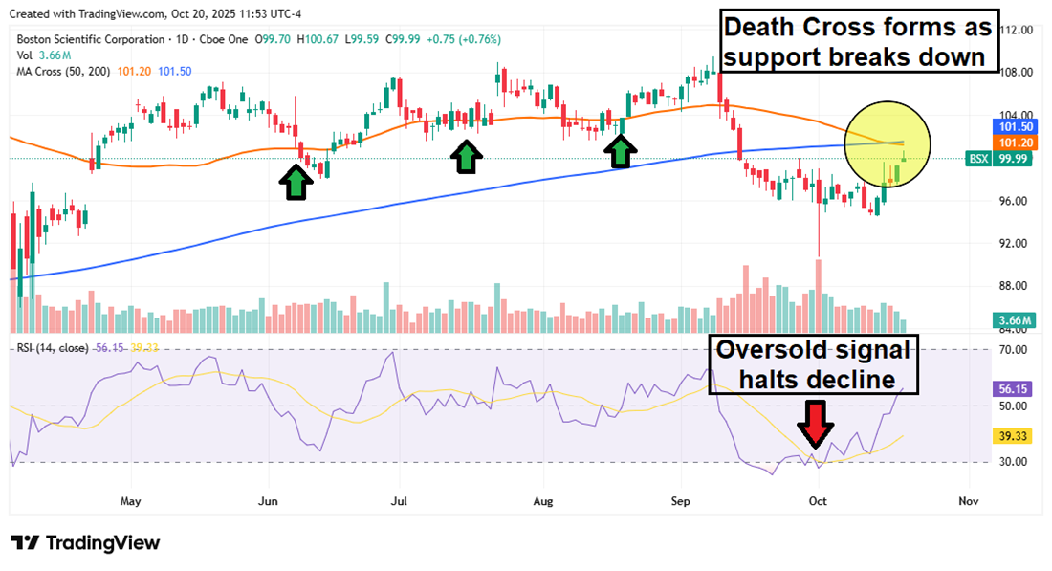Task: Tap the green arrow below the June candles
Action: click(x=296, y=182)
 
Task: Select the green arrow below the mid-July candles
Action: click(x=466, y=156)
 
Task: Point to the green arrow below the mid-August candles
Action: click(x=623, y=151)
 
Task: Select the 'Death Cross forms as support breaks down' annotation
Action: click(x=859, y=40)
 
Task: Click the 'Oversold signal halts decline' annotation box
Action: click(x=814, y=364)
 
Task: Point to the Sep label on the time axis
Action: click(x=681, y=500)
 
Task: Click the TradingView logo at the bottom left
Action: click(x=86, y=543)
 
